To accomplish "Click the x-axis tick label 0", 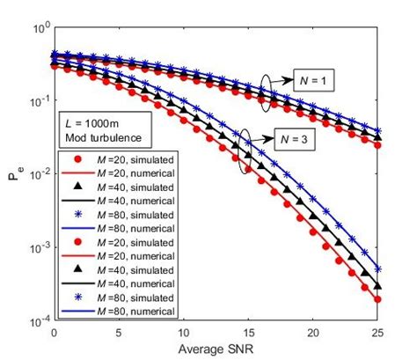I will click(x=55, y=335).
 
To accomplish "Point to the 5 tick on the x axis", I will click(x=119, y=335).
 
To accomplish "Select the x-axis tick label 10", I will click(x=183, y=335).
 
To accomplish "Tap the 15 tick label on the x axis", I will click(x=247, y=335).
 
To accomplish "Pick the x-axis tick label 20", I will click(x=311, y=335).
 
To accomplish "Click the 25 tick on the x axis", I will click(x=376, y=335).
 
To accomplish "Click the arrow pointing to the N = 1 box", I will click(x=283, y=80).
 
